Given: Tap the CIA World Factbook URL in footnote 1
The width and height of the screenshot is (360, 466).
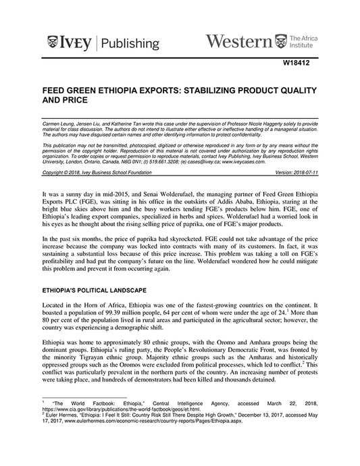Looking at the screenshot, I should (x=121, y=428).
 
